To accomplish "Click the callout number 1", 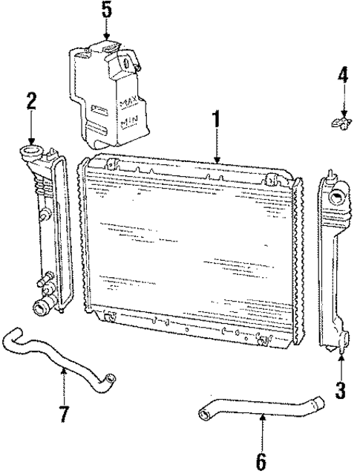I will [x=216, y=118].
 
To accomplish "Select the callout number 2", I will [x=30, y=102].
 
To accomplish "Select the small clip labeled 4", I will [x=339, y=120].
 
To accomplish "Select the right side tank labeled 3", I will [x=336, y=267].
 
